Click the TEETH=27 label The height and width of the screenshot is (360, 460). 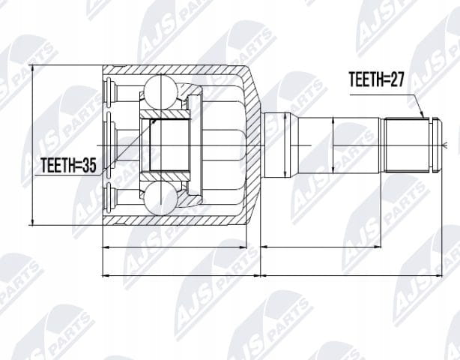coord(376,79)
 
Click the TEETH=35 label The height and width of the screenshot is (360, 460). coord(68,165)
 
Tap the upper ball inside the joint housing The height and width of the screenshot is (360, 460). coord(160,91)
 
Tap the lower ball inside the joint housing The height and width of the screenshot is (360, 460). coord(160,199)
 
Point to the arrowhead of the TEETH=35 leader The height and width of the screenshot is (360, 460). coord(154,121)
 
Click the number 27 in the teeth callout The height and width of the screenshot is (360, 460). coord(397,79)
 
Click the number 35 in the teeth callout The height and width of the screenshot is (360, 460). coord(88,165)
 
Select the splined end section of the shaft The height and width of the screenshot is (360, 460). coord(407,145)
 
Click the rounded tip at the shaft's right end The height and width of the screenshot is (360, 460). coord(438,145)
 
